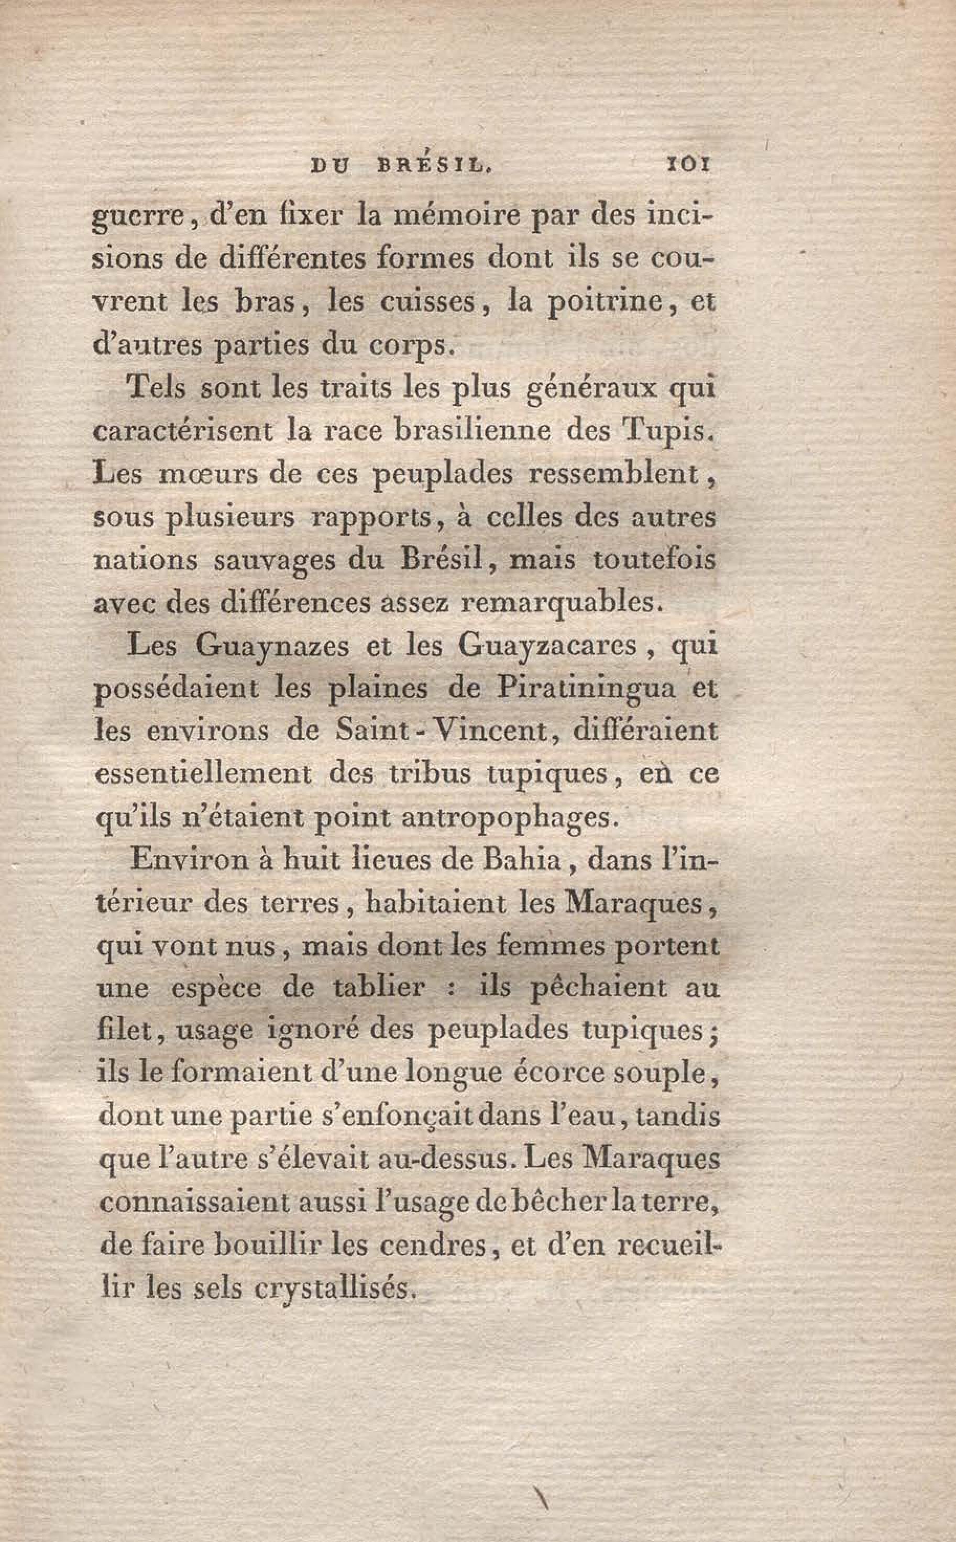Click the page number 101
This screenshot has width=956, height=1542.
688,165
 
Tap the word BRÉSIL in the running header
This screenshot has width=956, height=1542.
434,165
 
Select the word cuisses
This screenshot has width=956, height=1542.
427,302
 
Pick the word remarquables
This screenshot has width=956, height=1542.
562,602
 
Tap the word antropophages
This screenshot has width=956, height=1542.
507,818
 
